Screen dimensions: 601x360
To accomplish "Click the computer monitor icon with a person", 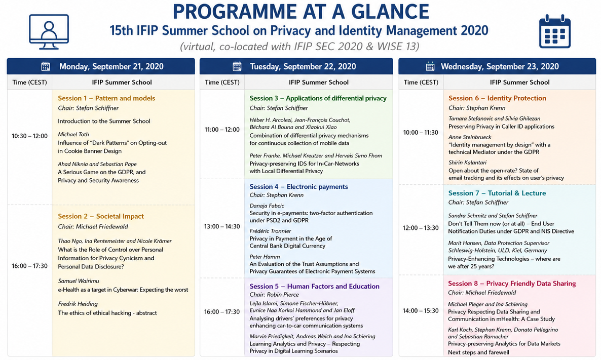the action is [x=49, y=32].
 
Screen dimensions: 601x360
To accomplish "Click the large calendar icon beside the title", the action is [x=554, y=31].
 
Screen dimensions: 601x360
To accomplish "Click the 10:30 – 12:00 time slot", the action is [x=29, y=136].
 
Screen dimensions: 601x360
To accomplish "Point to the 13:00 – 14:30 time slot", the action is [x=222, y=226].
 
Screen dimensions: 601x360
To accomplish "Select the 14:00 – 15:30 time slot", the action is [x=421, y=310].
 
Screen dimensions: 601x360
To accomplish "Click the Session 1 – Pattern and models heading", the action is [x=106, y=98].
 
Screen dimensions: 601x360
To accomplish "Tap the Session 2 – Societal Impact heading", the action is [x=101, y=216].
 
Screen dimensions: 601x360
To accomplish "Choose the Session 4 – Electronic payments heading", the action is [x=298, y=187].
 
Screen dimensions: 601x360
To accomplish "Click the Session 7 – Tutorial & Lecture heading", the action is [x=497, y=193].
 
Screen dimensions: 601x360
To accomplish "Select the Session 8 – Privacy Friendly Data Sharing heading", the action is [x=512, y=284].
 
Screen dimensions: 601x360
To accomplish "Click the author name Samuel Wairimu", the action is [x=79, y=281].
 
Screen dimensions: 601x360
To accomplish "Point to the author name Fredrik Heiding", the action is [x=78, y=304].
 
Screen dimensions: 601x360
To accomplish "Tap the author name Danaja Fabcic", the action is [x=267, y=206].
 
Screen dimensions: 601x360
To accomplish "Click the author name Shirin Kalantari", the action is [x=468, y=163].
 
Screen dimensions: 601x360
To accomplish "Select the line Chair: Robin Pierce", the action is [x=274, y=295].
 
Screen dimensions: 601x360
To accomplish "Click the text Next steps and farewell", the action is [x=479, y=352].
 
